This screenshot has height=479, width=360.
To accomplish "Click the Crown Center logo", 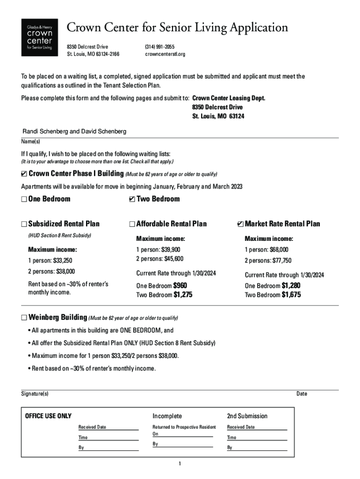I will click(40, 37).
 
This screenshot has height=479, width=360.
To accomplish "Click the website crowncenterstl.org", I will click(165, 54).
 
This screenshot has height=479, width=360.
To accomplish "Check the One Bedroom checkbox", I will click(24, 199).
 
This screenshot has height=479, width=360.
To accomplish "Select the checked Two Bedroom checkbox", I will click(132, 199).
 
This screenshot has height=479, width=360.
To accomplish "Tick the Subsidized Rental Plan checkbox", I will click(24, 224).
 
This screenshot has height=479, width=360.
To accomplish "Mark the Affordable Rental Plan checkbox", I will click(132, 224).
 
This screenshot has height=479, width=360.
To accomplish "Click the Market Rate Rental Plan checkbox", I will click(240, 224).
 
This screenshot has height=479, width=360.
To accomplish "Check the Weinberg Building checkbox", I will click(24, 318).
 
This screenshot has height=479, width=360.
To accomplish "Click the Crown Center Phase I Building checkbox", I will click(24, 174).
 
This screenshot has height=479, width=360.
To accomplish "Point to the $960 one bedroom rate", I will click(180, 285).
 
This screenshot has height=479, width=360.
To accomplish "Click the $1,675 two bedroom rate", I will click(291, 295).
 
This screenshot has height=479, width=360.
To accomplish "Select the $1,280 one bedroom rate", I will click(291, 285).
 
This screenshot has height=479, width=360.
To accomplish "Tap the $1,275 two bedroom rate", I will click(183, 295).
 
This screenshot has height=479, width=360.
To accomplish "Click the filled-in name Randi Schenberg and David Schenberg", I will click(75, 132).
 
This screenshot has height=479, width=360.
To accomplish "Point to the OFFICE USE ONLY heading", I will click(48, 416).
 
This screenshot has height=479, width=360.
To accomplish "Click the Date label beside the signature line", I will click(302, 394).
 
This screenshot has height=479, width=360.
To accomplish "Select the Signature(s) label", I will click(35, 394).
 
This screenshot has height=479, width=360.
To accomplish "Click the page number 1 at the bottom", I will click(180, 464).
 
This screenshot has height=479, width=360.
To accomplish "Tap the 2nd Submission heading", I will click(247, 416).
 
